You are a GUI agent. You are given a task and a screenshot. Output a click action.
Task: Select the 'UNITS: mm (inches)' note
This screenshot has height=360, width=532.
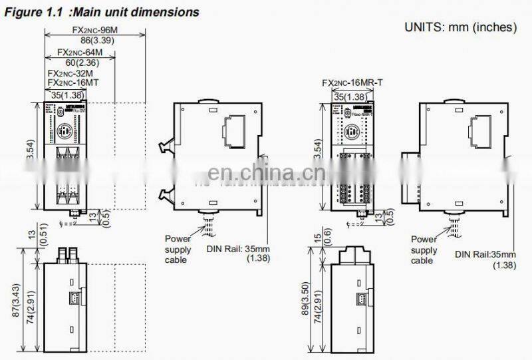coord(461,27)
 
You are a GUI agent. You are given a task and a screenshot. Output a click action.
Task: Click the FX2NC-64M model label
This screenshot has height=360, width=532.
coord(80,52)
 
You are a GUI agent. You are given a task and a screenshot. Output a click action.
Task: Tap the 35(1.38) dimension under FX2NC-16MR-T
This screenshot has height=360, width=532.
coord(348,95)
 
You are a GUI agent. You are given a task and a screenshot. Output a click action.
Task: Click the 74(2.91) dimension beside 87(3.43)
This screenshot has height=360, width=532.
coord(28,313)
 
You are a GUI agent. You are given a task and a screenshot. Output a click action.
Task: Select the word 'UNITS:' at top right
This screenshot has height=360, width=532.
coord(424,27)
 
